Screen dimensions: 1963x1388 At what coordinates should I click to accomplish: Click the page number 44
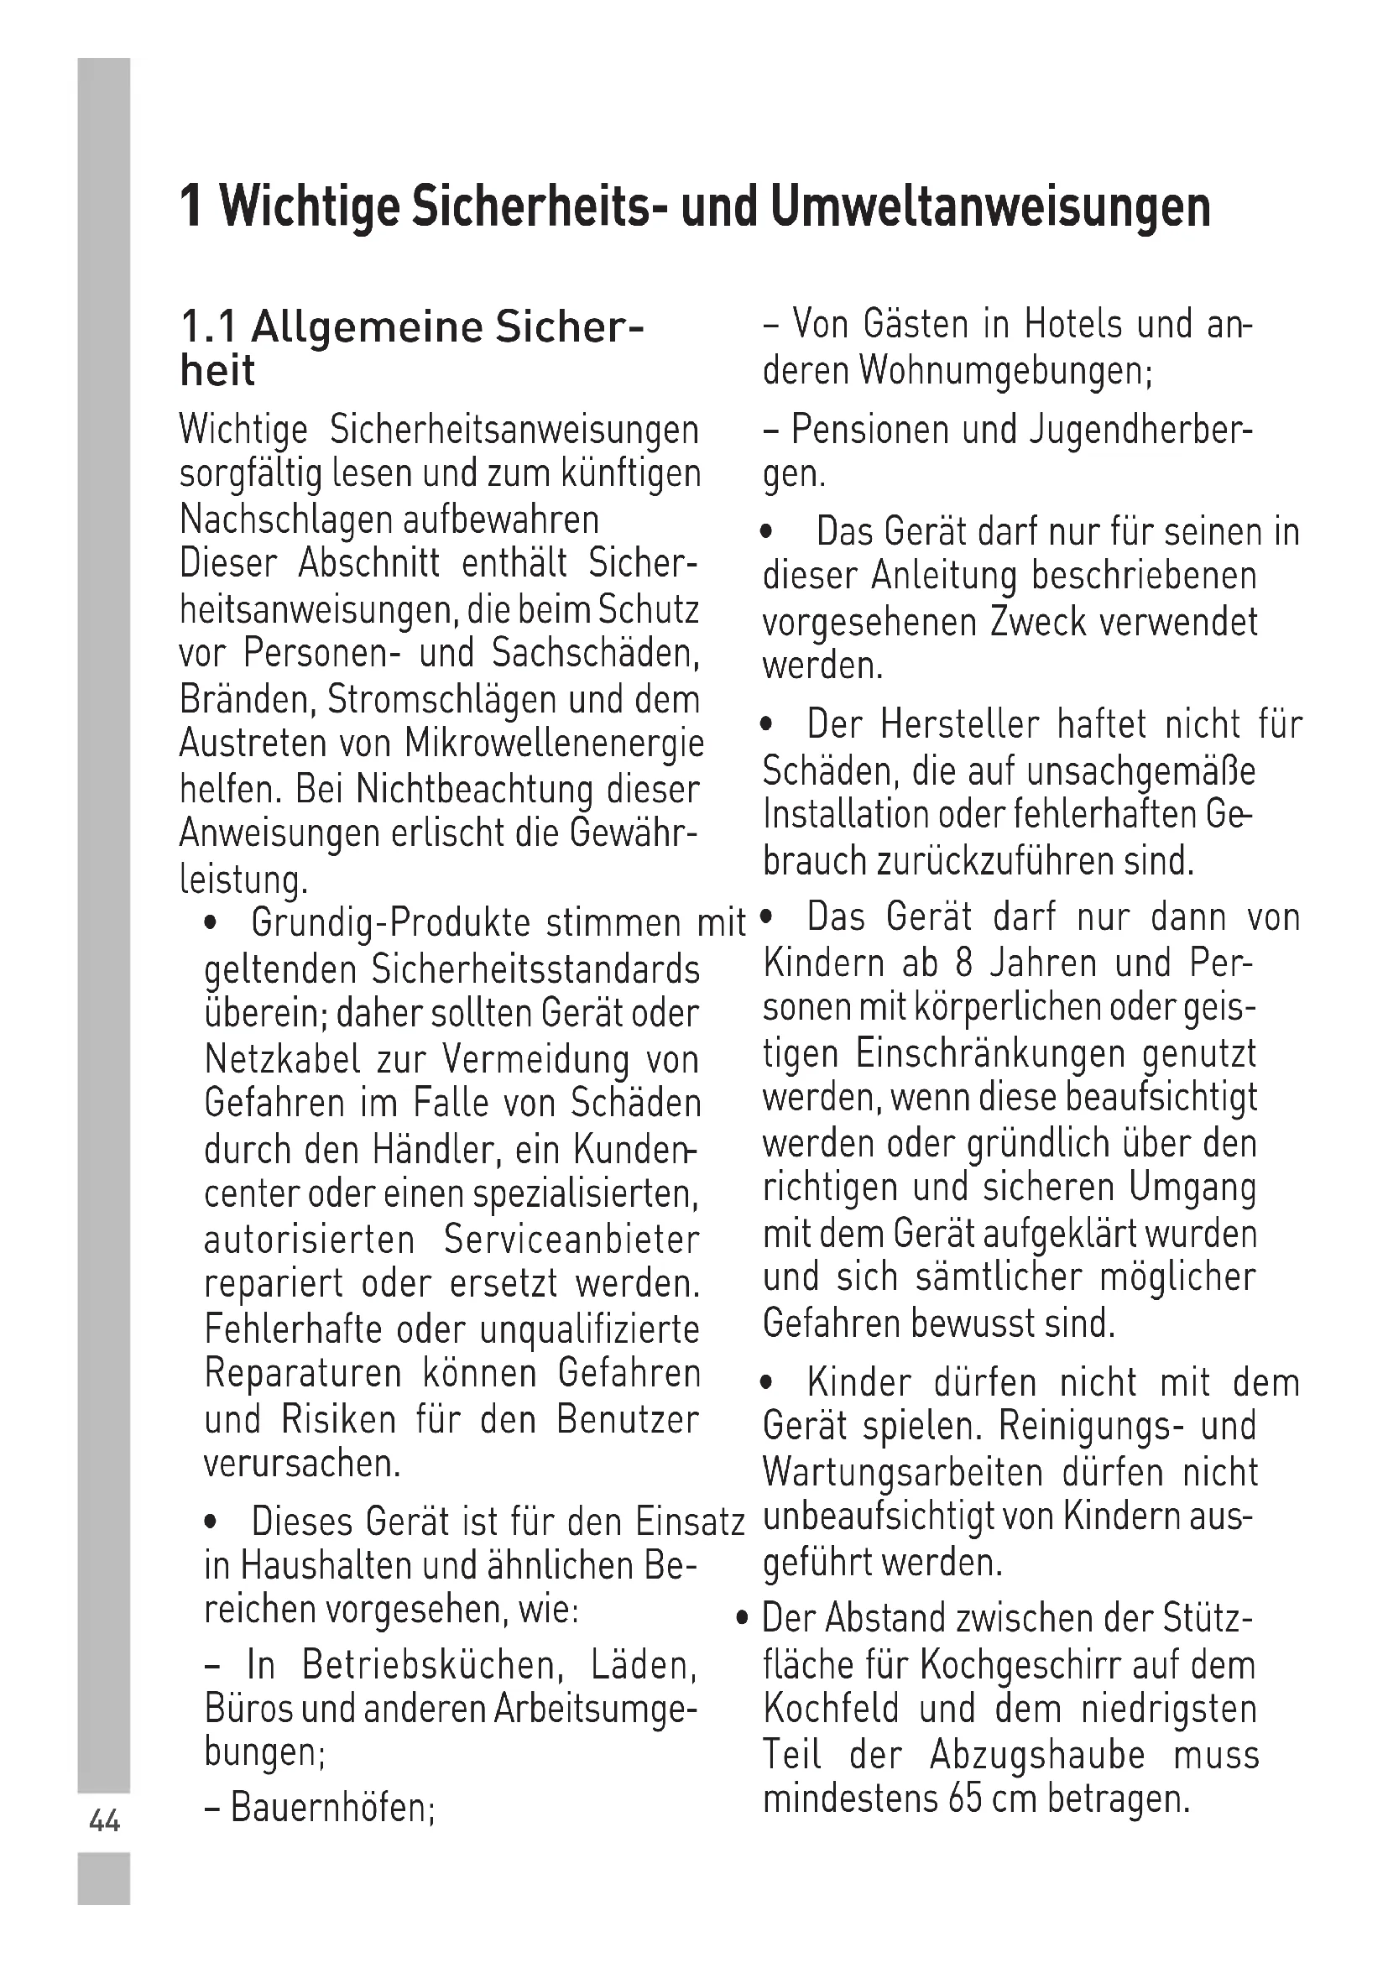[x=104, y=1821]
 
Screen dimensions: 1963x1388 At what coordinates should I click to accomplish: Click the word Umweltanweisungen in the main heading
[x=989, y=207]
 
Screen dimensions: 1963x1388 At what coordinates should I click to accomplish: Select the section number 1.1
[x=209, y=326]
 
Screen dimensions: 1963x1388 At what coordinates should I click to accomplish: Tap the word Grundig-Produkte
[x=392, y=923]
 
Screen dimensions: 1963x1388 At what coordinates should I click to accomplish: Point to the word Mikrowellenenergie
[x=555, y=744]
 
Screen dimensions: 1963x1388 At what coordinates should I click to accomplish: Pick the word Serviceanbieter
[x=571, y=1240]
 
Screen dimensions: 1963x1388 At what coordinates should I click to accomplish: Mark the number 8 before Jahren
[x=964, y=963]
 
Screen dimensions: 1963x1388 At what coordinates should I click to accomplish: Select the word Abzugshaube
[x=1036, y=1754]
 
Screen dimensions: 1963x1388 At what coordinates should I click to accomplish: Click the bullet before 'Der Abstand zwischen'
[x=744, y=1618]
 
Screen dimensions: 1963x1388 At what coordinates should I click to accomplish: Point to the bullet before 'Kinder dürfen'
[x=769, y=1382]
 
